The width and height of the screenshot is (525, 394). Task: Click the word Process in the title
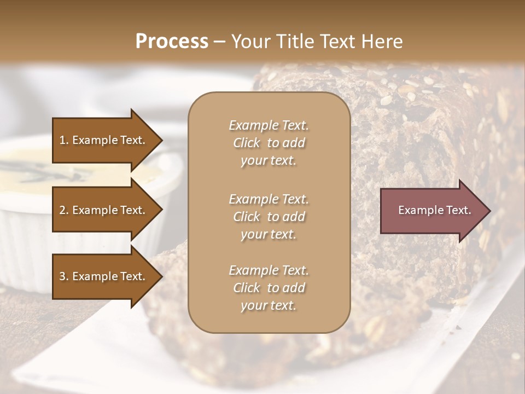pyautogui.click(x=172, y=42)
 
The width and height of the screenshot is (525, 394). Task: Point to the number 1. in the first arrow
pyautogui.click(x=64, y=140)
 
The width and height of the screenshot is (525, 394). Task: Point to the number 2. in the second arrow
pyautogui.click(x=64, y=210)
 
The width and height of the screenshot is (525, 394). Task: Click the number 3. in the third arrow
pyautogui.click(x=64, y=277)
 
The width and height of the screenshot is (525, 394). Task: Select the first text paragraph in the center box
pyautogui.click(x=269, y=143)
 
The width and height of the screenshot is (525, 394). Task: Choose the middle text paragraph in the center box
pyautogui.click(x=269, y=217)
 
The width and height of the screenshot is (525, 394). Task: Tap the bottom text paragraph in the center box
pyautogui.click(x=269, y=288)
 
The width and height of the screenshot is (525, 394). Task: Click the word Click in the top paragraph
pyautogui.click(x=246, y=143)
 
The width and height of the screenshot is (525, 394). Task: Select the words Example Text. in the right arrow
pyautogui.click(x=435, y=210)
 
